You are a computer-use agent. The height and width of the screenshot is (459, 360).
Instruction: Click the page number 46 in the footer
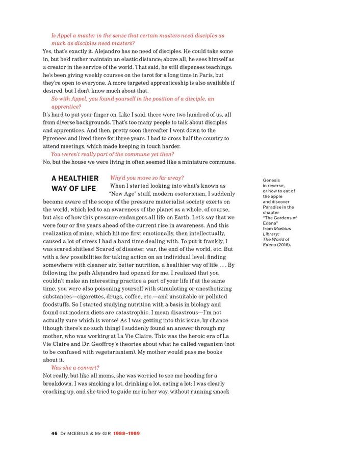pyautogui.click(x=54, y=433)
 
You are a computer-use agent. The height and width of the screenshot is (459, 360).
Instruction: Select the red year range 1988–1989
pyautogui.click(x=126, y=433)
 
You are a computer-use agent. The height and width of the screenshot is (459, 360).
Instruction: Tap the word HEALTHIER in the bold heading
pyautogui.click(x=75, y=178)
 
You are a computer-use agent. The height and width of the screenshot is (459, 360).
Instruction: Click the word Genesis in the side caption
pyautogui.click(x=271, y=181)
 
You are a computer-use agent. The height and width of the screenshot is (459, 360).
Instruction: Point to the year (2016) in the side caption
pyautogui.click(x=284, y=245)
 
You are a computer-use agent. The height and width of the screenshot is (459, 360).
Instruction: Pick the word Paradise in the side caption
pyautogui.click(x=273, y=207)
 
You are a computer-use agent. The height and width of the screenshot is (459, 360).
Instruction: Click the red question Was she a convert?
pyautogui.click(x=75, y=368)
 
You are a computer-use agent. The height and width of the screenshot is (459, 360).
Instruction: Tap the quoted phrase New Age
pyautogui.click(x=127, y=194)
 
